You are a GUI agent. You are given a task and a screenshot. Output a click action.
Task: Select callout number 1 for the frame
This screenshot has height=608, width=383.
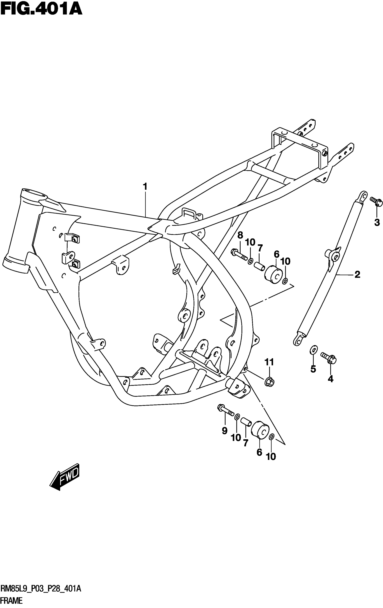[x=145, y=187]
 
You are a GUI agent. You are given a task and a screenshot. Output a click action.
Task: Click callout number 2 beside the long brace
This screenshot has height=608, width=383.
[x=357, y=274]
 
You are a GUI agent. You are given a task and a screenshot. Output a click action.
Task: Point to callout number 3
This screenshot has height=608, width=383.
[x=377, y=223]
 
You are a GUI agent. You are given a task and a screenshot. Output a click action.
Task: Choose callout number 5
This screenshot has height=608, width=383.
[x=313, y=369]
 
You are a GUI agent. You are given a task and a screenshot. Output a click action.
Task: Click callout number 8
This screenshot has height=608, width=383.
[x=240, y=235]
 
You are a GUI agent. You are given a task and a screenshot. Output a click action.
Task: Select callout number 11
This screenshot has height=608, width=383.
[x=269, y=362]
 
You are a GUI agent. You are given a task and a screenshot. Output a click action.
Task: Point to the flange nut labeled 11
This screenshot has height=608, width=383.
[x=269, y=382]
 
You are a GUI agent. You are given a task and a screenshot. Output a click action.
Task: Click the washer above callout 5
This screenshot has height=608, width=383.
[x=313, y=350]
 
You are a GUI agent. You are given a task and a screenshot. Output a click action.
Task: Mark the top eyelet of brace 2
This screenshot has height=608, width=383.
[x=362, y=195]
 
